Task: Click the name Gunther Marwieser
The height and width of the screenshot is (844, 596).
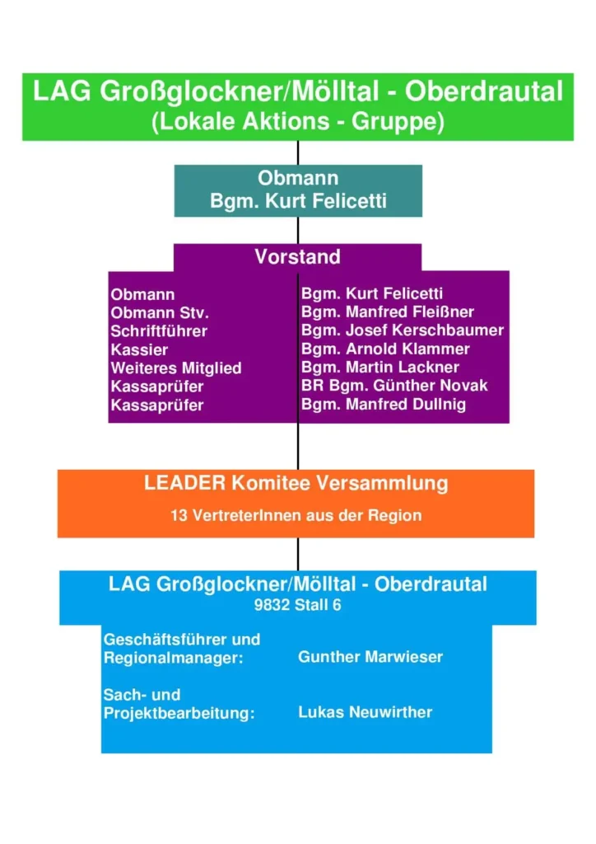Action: (370, 657)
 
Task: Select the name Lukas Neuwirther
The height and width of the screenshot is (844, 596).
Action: (365, 712)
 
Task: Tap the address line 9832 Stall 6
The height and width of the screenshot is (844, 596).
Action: (297, 605)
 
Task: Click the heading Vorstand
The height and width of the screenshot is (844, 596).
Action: (297, 256)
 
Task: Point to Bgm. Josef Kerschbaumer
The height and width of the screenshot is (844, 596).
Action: (403, 331)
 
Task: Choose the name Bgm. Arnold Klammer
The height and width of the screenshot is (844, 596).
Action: (385, 349)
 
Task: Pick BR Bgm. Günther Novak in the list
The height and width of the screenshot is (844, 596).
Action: (394, 385)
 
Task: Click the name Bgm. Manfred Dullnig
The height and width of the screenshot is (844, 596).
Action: (384, 404)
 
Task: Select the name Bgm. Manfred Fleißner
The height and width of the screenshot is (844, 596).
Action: (388, 312)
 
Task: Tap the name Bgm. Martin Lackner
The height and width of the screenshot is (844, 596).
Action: (380, 367)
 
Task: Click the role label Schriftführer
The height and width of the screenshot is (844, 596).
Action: (159, 331)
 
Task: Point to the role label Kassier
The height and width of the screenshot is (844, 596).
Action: (139, 349)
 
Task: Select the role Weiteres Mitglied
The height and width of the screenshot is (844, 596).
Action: (176, 368)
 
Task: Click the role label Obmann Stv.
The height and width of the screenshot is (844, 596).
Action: (160, 313)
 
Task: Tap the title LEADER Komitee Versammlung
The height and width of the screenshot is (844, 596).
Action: (296, 483)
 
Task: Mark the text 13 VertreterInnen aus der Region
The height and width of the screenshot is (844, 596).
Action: (296, 516)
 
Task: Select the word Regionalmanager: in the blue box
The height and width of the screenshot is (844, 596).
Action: (174, 659)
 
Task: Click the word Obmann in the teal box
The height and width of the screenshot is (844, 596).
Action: (298, 178)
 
